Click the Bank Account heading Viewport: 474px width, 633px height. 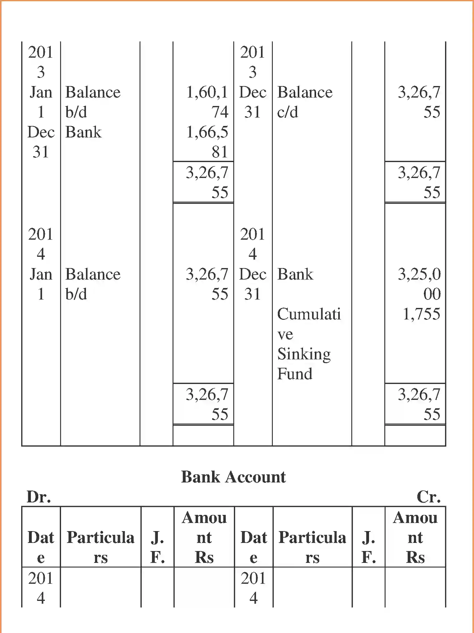point(233,477)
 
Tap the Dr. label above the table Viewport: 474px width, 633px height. point(39,497)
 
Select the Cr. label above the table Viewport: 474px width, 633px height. point(429,497)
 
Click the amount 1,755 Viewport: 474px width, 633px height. point(421,314)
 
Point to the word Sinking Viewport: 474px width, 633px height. point(304,354)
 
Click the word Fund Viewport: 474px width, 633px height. point(295,374)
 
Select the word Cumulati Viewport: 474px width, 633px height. point(309,314)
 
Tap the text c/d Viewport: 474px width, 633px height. point(287,112)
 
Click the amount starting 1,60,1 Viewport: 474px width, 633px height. point(207,92)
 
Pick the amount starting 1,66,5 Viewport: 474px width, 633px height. point(207,132)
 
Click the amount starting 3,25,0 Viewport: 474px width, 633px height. point(419,274)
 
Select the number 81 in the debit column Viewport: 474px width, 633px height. point(220,152)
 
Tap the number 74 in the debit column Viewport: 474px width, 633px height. point(220,112)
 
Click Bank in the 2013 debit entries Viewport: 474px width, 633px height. point(83,132)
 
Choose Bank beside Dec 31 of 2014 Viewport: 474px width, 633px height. point(295,274)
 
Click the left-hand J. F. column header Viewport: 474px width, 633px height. point(157,547)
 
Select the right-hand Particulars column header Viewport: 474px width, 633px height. point(312,547)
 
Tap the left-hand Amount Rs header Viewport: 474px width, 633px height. point(204,537)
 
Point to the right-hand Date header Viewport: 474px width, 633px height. point(254,547)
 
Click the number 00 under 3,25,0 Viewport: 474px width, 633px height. point(432,294)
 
